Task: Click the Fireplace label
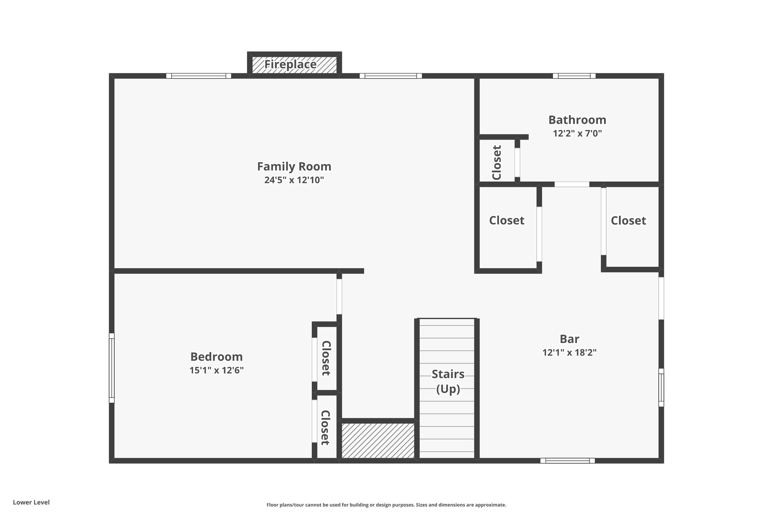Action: click(x=290, y=65)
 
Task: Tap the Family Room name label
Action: click(x=294, y=166)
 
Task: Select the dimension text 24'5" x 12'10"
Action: click(x=294, y=180)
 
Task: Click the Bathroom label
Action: click(x=577, y=120)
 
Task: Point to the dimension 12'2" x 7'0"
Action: click(x=577, y=133)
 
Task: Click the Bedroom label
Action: click(x=216, y=357)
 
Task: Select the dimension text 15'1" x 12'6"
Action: click(x=216, y=370)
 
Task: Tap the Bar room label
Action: click(x=569, y=339)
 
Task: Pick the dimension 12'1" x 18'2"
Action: click(x=569, y=352)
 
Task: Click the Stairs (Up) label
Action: click(x=448, y=381)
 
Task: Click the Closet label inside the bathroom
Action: click(x=497, y=163)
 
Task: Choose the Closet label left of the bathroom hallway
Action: click(x=507, y=220)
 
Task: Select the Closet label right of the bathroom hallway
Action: click(x=628, y=220)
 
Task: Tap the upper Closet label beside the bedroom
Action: click(x=326, y=358)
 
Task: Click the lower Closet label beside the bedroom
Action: click(x=325, y=427)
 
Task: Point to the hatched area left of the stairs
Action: click(x=378, y=441)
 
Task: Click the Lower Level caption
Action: click(x=31, y=502)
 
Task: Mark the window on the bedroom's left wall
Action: click(x=112, y=368)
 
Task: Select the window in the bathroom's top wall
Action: click(x=574, y=76)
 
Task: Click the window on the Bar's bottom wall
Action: click(x=567, y=460)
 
